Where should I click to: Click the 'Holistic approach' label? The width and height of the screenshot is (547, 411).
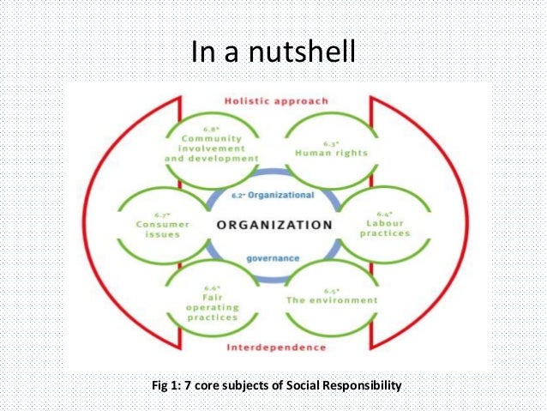coord(275,101)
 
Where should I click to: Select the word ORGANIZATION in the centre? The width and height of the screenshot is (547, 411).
coord(274,225)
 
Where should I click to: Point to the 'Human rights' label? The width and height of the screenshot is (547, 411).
coord(330,154)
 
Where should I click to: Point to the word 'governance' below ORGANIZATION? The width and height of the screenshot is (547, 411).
coord(273,257)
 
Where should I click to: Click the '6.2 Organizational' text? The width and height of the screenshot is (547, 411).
coord(273,195)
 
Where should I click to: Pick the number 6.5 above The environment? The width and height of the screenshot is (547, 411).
coord(331,290)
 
